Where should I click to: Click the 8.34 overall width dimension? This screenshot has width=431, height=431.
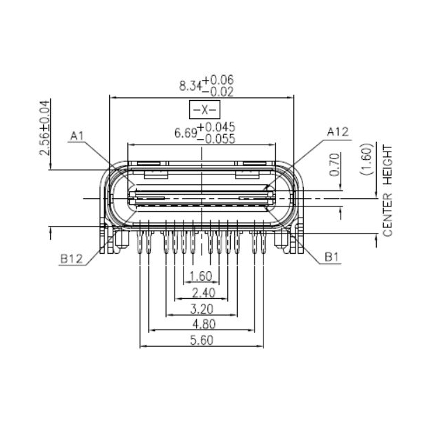190,86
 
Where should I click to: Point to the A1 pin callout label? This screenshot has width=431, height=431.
77,136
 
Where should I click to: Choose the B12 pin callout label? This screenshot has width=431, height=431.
72,258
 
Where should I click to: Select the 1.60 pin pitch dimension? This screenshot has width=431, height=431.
201,277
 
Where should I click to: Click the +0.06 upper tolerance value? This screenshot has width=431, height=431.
218,81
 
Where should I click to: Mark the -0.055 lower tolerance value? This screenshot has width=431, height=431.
217,138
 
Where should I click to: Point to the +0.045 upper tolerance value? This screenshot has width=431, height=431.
217,127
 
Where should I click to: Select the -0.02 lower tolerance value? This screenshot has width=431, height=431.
218,91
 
